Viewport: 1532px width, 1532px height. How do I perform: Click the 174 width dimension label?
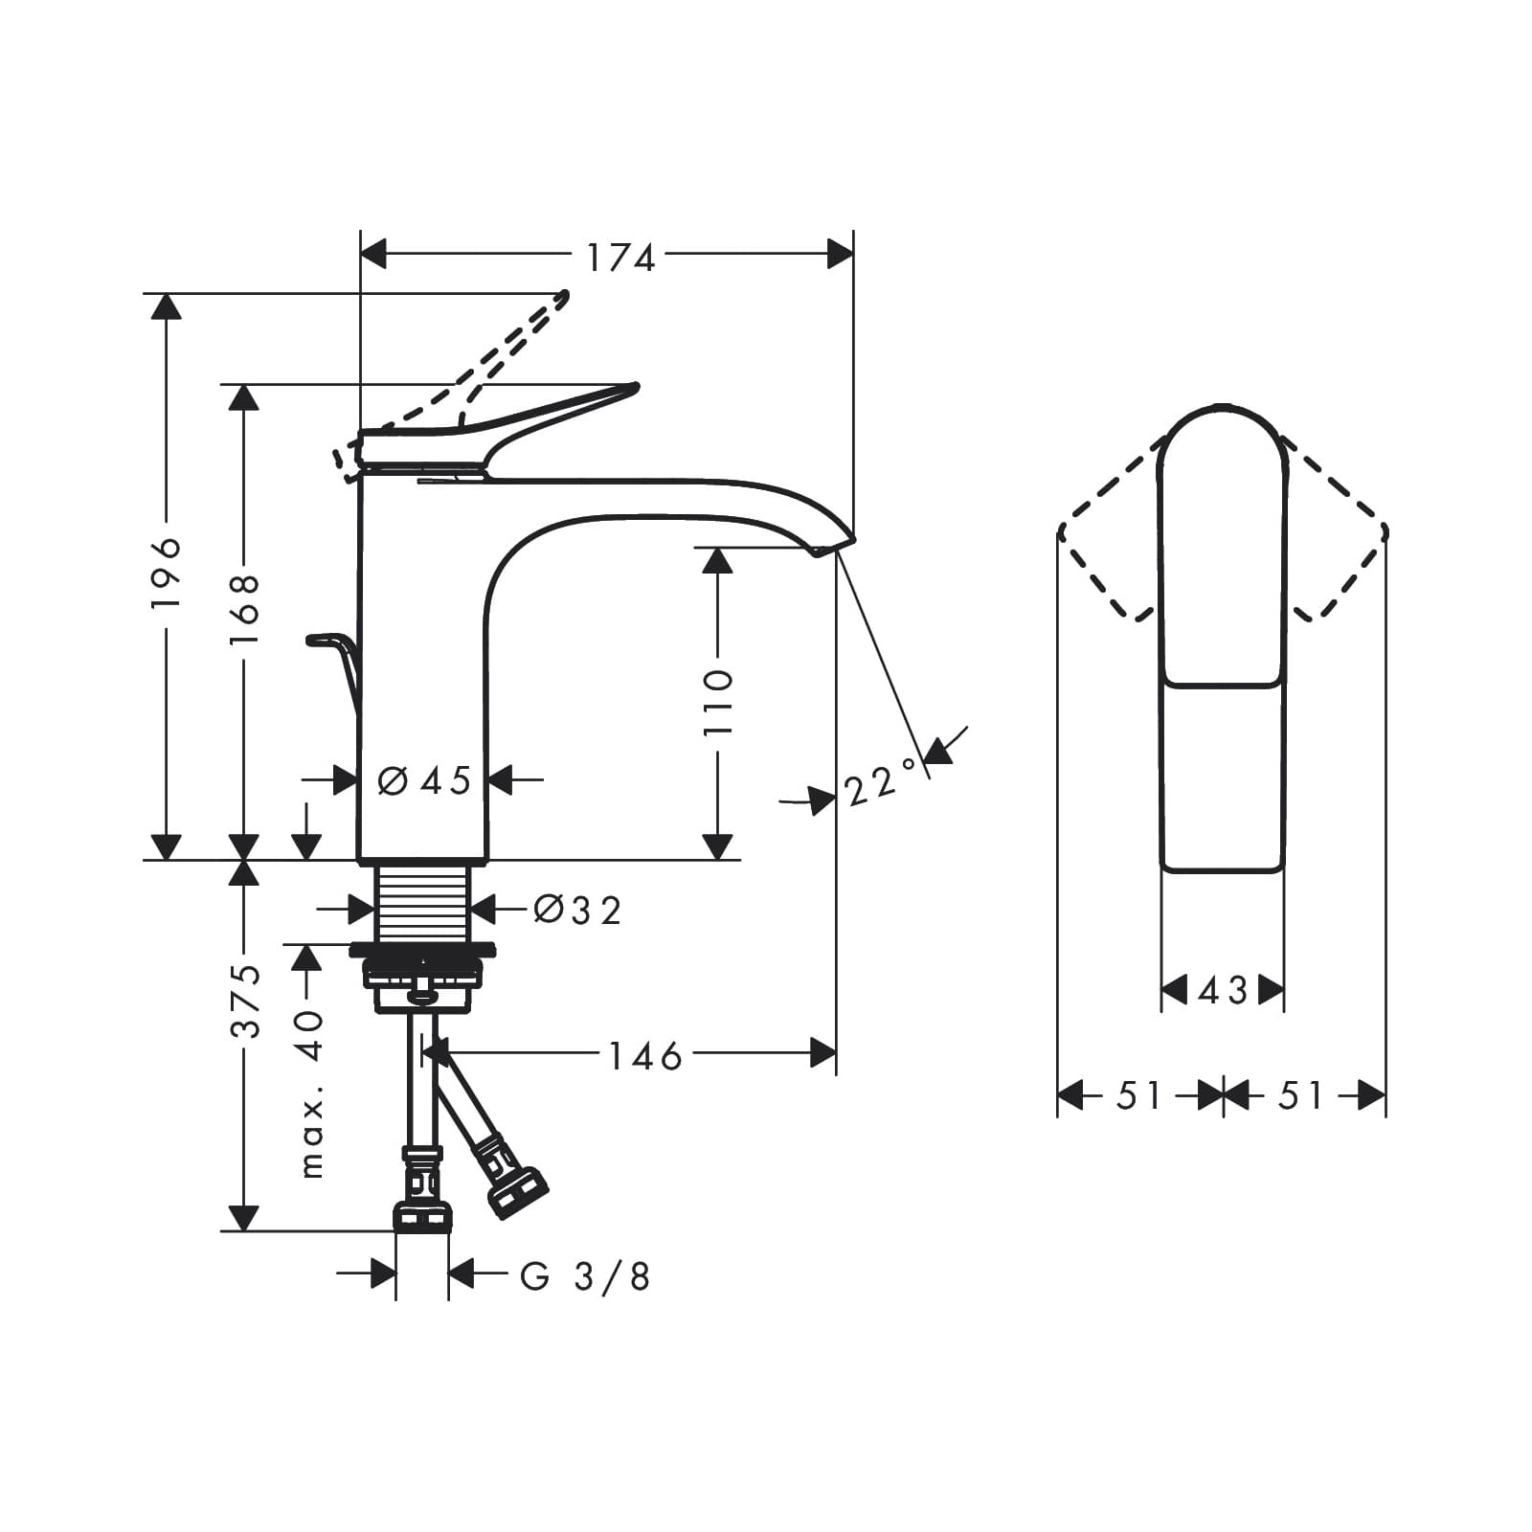pos(620,257)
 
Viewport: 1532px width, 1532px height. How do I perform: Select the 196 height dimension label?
pos(167,574)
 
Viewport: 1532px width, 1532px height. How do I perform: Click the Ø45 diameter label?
pos(425,780)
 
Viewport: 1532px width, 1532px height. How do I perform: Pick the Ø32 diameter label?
pos(577,910)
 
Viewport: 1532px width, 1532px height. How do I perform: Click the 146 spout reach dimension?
pos(645,1056)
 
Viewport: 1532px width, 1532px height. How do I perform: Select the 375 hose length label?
pos(245,1001)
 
